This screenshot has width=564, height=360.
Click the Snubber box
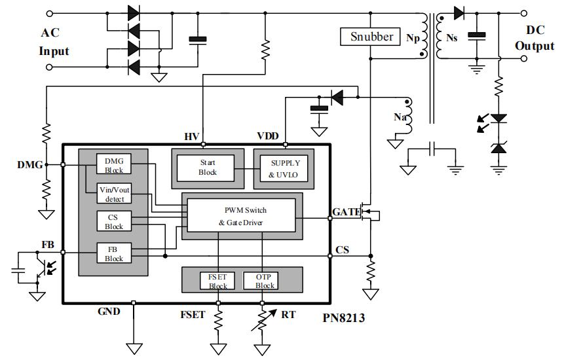point(372,37)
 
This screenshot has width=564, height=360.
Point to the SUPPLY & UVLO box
point(284,167)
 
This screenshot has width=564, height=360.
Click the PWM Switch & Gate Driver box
point(242,217)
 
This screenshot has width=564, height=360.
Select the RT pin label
point(288,315)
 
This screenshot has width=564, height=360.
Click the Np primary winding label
point(413,38)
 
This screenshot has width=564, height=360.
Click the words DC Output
point(534,38)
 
